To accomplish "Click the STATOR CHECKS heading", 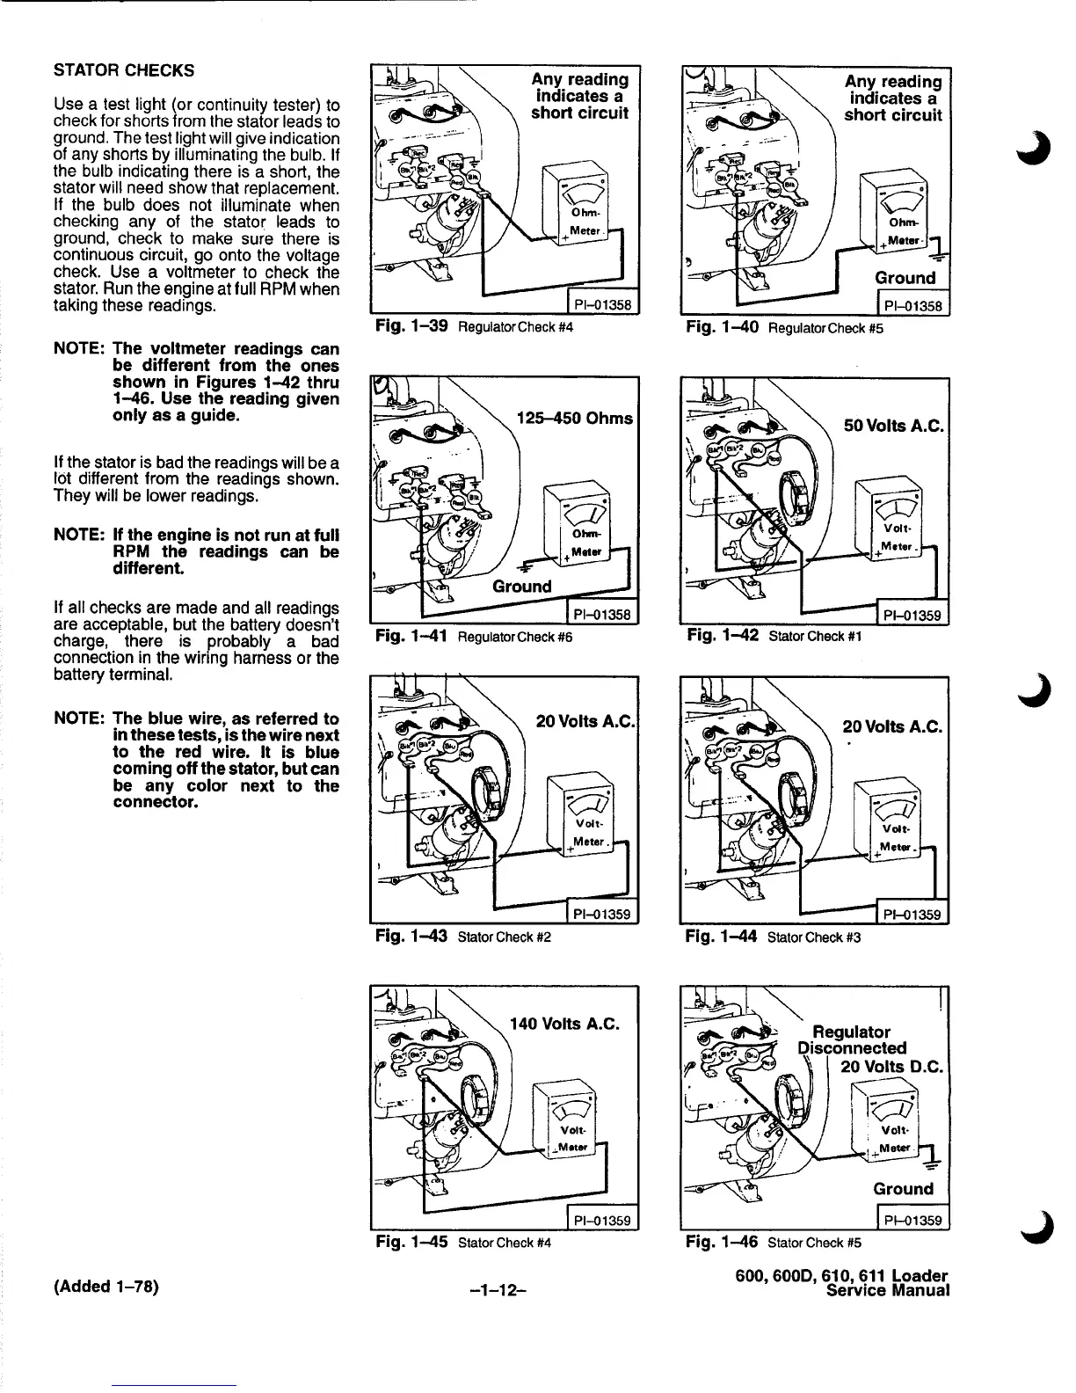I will click(124, 70).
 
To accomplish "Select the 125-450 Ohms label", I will click(576, 418).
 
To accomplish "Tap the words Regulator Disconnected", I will click(852, 1040).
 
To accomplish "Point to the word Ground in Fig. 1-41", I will click(522, 587).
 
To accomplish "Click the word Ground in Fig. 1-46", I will click(903, 1189).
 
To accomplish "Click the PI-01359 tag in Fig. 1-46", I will click(911, 1220).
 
